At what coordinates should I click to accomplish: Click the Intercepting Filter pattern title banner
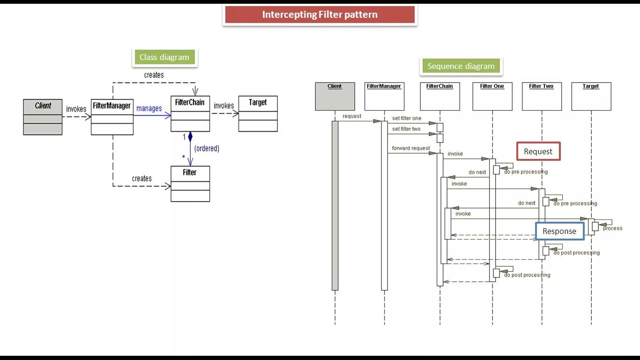320,15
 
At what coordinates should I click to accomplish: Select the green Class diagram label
164,57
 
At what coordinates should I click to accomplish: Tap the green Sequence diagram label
461,66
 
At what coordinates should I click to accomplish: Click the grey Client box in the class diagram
43,116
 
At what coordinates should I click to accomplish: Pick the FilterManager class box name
112,106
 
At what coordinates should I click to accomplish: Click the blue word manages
149,108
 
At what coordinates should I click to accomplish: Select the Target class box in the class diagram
258,113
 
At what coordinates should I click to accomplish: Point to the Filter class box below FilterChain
190,183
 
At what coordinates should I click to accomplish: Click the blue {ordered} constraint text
207,148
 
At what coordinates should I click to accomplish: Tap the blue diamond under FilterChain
190,137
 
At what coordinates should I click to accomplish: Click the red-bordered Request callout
538,151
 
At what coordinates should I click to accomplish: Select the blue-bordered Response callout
559,231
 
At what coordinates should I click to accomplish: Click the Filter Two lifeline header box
542,96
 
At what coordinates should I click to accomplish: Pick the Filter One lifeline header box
492,96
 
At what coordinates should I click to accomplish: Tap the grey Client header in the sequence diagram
335,96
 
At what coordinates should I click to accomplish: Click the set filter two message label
406,129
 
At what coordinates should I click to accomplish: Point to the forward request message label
411,148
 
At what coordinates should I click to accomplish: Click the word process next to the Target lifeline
612,228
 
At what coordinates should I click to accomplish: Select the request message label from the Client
352,116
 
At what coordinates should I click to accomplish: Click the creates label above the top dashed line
154,75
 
